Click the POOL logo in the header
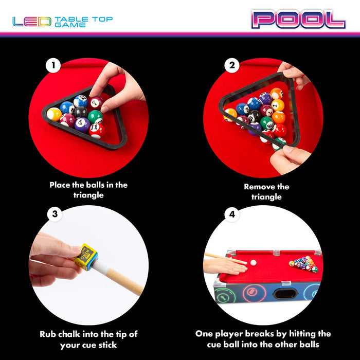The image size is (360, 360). click(x=298, y=20)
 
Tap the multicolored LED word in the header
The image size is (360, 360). click(x=32, y=22)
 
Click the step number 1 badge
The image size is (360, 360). click(x=53, y=65)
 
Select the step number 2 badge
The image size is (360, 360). click(x=232, y=65)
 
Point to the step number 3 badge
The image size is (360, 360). click(x=55, y=214)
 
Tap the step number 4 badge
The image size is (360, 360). click(x=232, y=214)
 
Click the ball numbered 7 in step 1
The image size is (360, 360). click(x=96, y=103)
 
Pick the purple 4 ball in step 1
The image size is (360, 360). click(x=82, y=124)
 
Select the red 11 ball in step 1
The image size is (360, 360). click(x=97, y=131)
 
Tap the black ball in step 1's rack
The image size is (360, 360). click(x=81, y=112)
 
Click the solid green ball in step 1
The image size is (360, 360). click(x=95, y=117)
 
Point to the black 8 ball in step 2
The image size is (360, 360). click(x=255, y=116)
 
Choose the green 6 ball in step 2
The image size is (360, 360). click(x=267, y=123)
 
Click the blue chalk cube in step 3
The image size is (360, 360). click(x=86, y=257)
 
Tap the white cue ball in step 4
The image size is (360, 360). click(x=253, y=263)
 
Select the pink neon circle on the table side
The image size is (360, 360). click(x=254, y=293)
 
